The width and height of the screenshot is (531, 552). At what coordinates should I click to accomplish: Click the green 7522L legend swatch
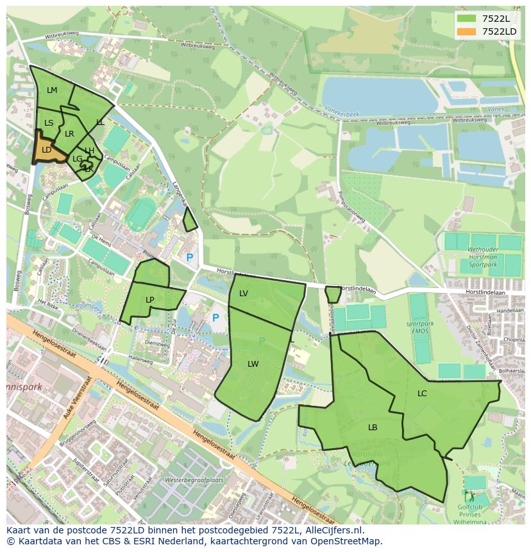point(467,19)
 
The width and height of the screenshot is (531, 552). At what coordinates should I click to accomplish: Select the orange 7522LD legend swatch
point(467,31)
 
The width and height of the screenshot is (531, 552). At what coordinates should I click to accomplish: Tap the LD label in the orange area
point(46,150)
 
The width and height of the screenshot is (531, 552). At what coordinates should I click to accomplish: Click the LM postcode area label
point(52,90)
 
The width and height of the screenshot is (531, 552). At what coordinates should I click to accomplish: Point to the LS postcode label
point(49,122)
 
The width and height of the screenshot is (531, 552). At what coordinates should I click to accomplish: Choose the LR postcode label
point(69,134)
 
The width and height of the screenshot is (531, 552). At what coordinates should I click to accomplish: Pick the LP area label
point(149,299)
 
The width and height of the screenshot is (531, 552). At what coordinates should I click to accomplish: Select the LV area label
point(244,294)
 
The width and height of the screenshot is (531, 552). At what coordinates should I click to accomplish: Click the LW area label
point(253,364)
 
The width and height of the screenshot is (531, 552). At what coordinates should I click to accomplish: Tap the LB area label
point(373,428)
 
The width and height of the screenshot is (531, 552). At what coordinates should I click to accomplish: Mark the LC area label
point(422,394)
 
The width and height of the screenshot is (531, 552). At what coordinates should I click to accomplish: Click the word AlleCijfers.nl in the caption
point(333,530)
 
